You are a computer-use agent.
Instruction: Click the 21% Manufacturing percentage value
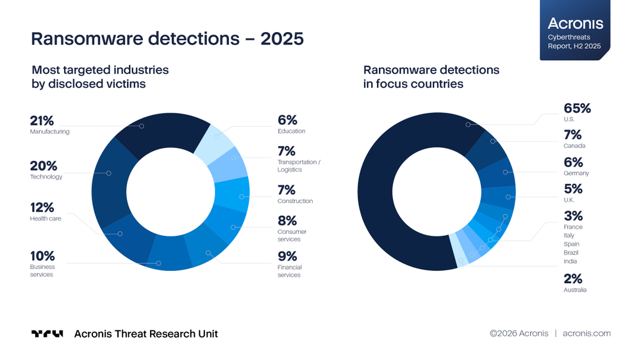(x=42, y=120)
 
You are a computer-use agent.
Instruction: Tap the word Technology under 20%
(x=46, y=177)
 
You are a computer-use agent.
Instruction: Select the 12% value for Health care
(x=42, y=207)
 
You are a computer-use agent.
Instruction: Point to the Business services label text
(x=42, y=270)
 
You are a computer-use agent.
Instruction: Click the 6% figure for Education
(x=287, y=120)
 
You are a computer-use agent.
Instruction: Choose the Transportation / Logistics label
(x=299, y=166)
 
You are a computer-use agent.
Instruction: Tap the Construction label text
(x=295, y=201)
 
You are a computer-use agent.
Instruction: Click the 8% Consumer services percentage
(x=287, y=220)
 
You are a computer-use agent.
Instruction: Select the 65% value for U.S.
(x=577, y=108)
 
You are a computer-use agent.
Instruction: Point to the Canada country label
(x=574, y=146)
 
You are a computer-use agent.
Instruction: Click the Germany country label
(x=576, y=173)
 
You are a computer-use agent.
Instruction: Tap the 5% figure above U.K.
(x=573, y=189)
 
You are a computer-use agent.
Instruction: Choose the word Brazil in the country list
(x=571, y=252)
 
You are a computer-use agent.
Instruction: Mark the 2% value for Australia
(x=573, y=279)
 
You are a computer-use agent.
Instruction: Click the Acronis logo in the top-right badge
(x=576, y=24)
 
